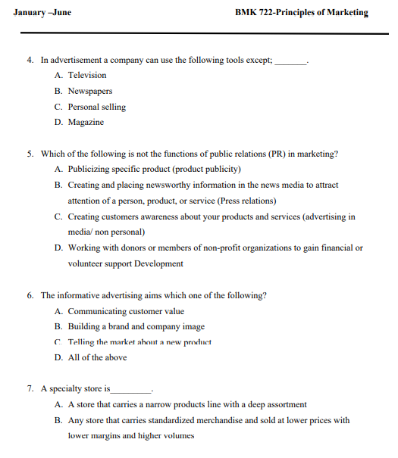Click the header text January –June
click(42, 12)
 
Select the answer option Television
click(87, 75)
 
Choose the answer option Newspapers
click(90, 91)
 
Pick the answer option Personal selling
click(97, 107)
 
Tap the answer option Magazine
click(86, 122)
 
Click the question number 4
click(30, 60)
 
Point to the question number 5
click(30, 154)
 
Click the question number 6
click(30, 295)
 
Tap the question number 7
click(30, 389)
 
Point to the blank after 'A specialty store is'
click(131, 391)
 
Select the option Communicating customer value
click(126, 311)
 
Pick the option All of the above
click(98, 357)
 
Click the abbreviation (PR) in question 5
click(277, 154)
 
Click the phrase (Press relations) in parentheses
click(247, 201)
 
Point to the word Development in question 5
click(158, 263)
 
